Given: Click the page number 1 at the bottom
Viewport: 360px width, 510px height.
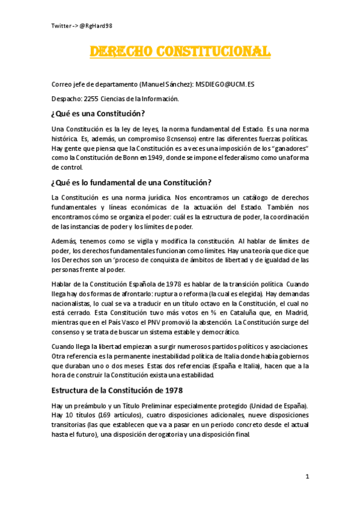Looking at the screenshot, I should [x=307, y=477].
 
